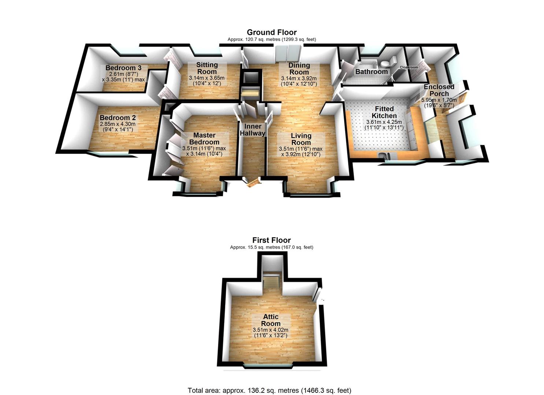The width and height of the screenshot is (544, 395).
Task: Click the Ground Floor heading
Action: click(x=271, y=32)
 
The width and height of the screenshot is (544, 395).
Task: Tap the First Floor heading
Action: click(x=271, y=240)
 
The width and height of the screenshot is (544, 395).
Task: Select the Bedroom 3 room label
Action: click(x=123, y=68)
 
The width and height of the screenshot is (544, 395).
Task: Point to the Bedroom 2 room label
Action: click(x=118, y=118)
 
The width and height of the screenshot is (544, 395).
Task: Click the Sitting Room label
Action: click(x=207, y=68)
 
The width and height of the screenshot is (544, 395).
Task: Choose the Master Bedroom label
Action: click(x=204, y=139)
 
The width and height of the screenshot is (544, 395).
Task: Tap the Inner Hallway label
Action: click(x=252, y=130)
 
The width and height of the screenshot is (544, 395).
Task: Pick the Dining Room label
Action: click(x=299, y=69)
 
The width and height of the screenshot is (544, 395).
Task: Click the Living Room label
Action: click(x=301, y=139)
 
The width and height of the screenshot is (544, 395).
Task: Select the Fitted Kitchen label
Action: click(x=384, y=112)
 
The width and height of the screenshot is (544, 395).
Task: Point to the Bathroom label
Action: click(x=371, y=72)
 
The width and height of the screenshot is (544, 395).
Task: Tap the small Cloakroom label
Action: click(x=408, y=68)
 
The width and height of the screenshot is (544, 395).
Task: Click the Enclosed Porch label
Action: click(x=439, y=90)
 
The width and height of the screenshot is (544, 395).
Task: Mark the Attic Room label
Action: click(x=271, y=320)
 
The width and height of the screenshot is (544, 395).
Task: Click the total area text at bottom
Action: click(x=269, y=390)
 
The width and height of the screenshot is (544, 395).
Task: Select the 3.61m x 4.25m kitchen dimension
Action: click(x=384, y=122)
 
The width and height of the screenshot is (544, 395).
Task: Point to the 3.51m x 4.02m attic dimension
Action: click(x=270, y=330)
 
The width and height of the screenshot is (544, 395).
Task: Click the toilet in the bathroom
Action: click(x=392, y=60)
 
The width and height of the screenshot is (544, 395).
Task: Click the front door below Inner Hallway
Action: click(x=253, y=183)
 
